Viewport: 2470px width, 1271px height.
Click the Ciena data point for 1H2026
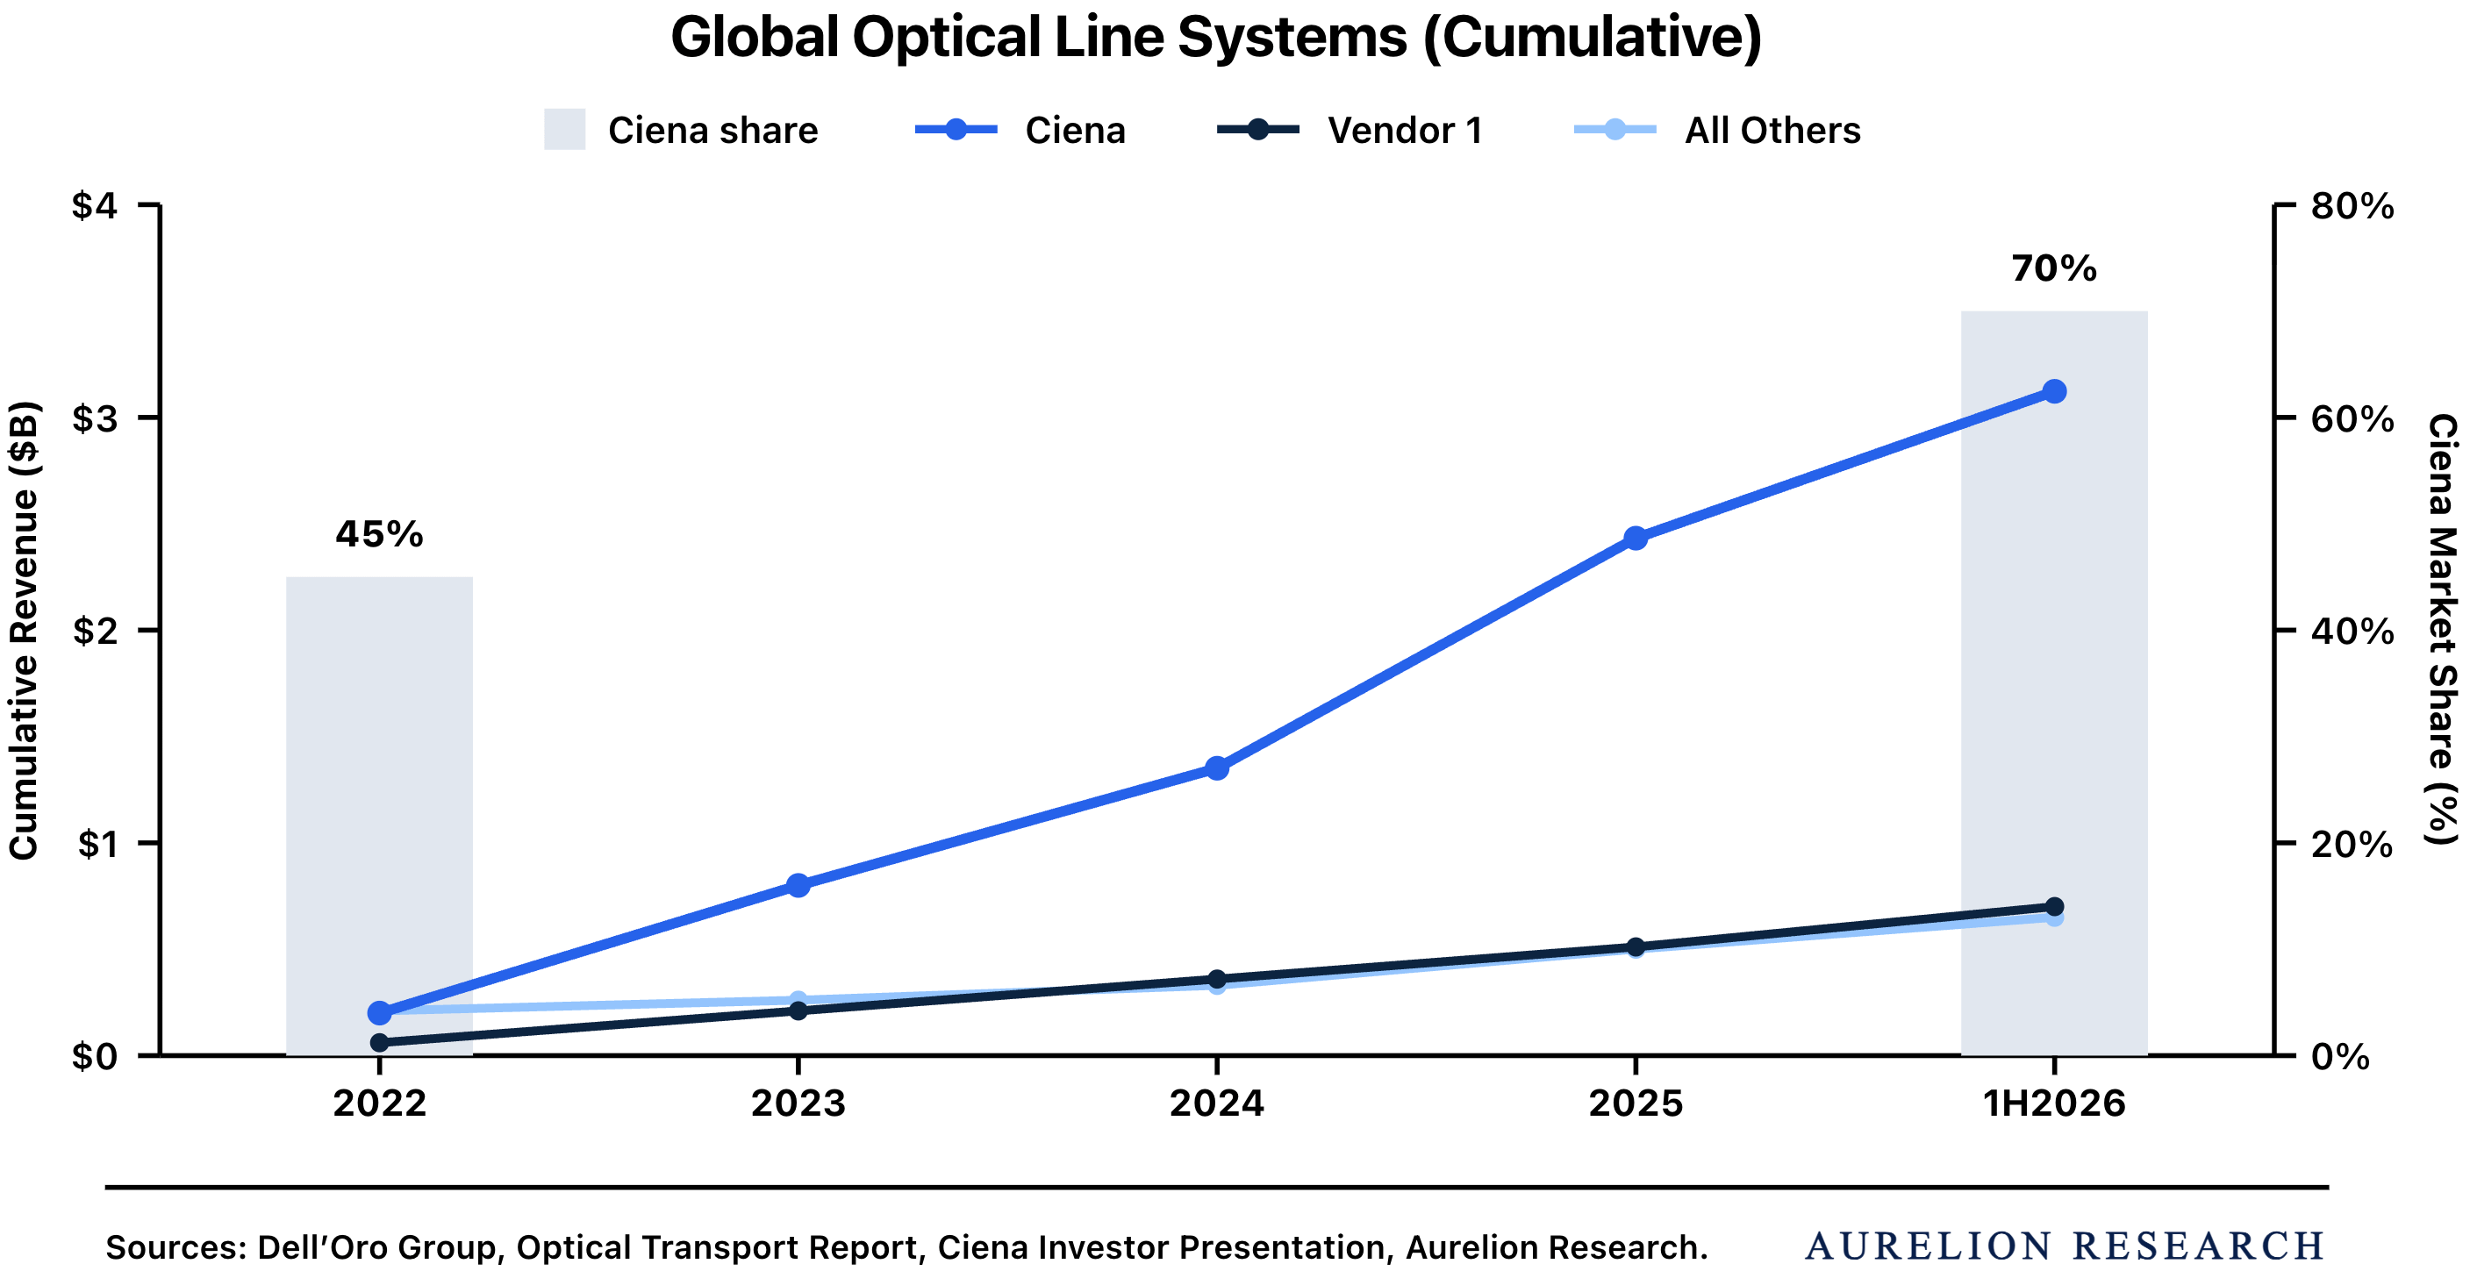click(x=2054, y=391)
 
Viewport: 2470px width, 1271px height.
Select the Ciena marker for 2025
click(x=1636, y=538)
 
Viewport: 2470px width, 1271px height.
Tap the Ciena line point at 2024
click(x=1217, y=768)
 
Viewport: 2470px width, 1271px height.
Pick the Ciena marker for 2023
click(x=798, y=885)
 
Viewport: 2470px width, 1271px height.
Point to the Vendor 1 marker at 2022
click(x=380, y=1042)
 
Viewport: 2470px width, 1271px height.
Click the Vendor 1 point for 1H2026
click(x=2054, y=907)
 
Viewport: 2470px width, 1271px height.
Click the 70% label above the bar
click(x=2054, y=268)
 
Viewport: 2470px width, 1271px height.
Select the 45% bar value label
click(x=380, y=534)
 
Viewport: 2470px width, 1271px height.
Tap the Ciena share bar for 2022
click(x=380, y=816)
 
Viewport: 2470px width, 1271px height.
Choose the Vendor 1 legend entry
click(x=1350, y=130)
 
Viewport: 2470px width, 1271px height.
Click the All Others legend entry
click(x=1717, y=130)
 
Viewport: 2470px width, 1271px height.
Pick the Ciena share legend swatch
click(x=565, y=130)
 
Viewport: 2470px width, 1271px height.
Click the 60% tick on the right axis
click(x=2351, y=419)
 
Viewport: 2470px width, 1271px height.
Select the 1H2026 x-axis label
click(x=2054, y=1103)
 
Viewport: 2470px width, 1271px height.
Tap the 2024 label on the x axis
click(x=1217, y=1103)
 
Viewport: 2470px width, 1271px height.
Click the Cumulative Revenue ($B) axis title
click(x=23, y=630)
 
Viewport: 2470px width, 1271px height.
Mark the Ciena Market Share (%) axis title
click(x=2443, y=630)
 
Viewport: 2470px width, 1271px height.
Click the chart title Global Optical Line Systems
click(x=1216, y=38)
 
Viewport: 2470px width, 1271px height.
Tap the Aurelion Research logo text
click(x=2065, y=1246)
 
